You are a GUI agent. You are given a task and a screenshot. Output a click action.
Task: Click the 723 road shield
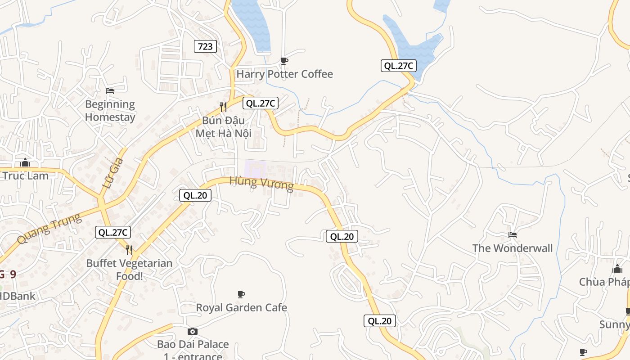point(205,46)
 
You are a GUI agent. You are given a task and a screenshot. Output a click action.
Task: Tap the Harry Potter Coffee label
point(284,74)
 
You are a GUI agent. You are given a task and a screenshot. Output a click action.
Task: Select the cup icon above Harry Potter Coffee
point(284,61)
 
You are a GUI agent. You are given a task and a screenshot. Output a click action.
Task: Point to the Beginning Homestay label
point(110,111)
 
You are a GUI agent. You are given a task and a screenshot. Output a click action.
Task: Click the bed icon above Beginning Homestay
point(110,91)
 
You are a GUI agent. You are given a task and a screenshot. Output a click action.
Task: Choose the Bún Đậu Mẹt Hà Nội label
point(223,127)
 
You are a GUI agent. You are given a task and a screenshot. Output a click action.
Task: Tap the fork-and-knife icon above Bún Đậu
point(223,107)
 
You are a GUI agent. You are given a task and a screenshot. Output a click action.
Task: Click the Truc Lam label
point(25,175)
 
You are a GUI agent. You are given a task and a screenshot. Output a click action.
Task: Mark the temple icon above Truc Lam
point(25,162)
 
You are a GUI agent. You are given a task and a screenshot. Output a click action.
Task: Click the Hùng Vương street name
point(261,183)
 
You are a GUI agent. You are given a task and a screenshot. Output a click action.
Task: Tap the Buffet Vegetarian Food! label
point(129,270)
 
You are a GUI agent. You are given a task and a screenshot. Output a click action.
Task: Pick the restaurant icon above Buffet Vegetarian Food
point(129,250)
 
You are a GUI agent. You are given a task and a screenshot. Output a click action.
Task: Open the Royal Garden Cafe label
point(241,307)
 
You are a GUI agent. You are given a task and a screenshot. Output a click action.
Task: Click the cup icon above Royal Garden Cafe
point(241,294)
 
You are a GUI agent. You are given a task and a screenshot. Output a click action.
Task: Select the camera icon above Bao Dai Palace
point(193,331)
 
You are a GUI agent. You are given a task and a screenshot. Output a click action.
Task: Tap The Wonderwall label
point(512,248)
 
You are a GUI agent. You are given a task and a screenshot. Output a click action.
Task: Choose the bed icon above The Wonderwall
point(512,234)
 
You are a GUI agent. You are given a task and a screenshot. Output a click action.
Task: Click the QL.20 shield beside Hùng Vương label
point(195,195)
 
